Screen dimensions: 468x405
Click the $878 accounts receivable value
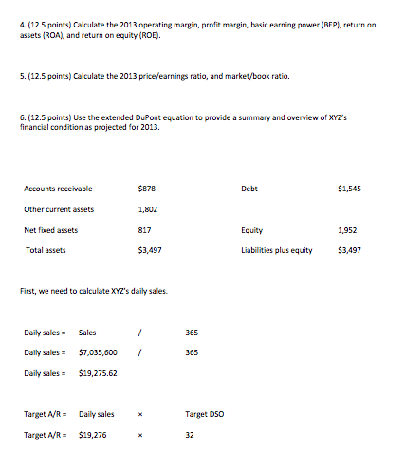pyautogui.click(x=148, y=189)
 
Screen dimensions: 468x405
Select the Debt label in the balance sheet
pyautogui.click(x=250, y=189)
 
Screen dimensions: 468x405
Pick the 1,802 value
pyautogui.click(x=148, y=209)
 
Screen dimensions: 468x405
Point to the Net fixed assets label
pyautogui.click(x=51, y=229)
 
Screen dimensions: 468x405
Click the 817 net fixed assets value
pyautogui.click(x=144, y=229)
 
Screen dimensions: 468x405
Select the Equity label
pyautogui.click(x=252, y=229)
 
